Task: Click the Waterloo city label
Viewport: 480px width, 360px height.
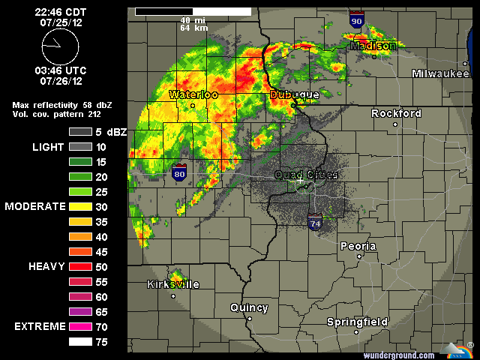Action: click(193, 95)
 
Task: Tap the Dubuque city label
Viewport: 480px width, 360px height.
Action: click(295, 95)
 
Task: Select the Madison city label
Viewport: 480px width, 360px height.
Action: click(373, 46)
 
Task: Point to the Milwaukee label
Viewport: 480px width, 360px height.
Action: click(439, 73)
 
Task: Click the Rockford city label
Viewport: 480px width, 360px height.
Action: click(397, 113)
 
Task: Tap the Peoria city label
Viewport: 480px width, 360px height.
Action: click(358, 246)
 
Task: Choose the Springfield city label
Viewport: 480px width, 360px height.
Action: click(357, 322)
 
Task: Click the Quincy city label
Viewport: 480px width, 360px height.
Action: click(248, 307)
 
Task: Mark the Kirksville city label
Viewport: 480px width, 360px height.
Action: click(173, 284)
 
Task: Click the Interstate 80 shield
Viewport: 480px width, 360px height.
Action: click(179, 174)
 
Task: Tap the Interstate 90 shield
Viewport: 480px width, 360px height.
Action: click(357, 21)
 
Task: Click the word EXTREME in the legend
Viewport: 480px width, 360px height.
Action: click(38, 326)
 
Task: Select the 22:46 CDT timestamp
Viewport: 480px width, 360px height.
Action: click(60, 12)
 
